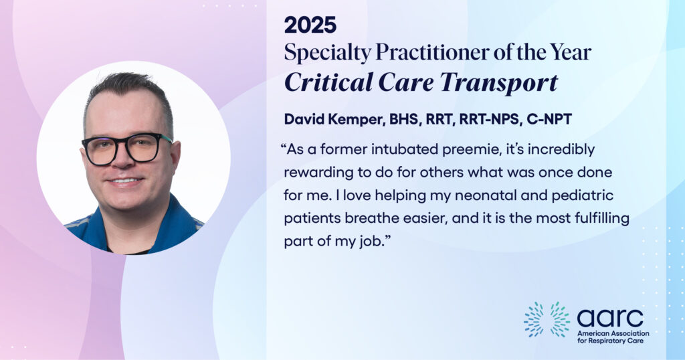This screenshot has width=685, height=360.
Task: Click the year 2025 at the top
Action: (x=310, y=25)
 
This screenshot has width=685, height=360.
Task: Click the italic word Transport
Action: (x=498, y=82)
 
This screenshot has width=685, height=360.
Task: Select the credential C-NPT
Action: (x=549, y=119)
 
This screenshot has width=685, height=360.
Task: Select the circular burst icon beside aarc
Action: (x=547, y=319)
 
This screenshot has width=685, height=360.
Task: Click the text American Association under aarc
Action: (x=613, y=333)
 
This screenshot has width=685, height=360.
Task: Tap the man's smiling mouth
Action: (x=126, y=181)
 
